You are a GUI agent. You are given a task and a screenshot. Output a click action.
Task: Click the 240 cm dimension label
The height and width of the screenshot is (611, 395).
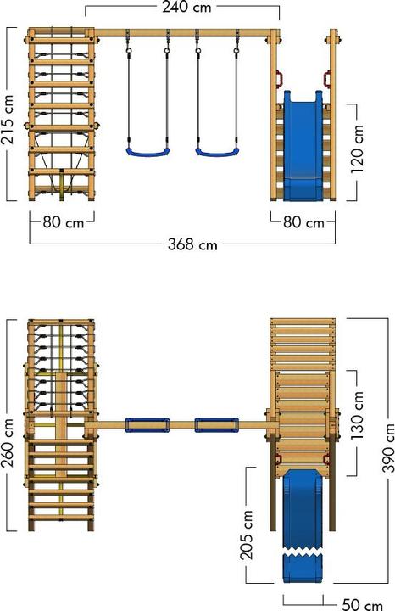[186, 8]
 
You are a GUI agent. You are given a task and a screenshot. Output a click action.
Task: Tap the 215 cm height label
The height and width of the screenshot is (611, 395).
[8, 119]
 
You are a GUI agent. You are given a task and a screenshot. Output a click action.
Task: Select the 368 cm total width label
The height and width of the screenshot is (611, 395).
[192, 244]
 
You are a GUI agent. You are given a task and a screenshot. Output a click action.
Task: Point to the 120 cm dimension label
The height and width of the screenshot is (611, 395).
[357, 149]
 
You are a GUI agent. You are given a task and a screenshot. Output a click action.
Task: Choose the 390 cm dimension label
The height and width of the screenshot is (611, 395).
[388, 448]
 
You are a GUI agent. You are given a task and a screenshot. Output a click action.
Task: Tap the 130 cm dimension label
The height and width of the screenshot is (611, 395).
[357, 416]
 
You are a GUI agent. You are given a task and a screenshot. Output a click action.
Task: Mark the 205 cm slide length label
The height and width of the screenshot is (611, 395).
[247, 535]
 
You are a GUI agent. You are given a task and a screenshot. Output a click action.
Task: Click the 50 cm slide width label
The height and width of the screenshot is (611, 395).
[363, 604]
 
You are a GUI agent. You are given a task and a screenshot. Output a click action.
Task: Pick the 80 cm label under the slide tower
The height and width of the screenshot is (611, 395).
[303, 222]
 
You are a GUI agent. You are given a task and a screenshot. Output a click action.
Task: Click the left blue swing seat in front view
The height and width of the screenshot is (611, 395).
[147, 152]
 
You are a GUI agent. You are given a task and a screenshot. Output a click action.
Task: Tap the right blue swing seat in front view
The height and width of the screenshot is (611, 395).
[217, 152]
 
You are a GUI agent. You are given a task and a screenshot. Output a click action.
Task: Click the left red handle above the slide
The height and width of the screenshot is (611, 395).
[279, 78]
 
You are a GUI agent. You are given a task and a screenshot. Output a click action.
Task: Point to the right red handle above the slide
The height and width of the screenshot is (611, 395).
[327, 78]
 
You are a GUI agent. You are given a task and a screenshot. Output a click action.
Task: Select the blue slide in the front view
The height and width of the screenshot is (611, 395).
[303, 146]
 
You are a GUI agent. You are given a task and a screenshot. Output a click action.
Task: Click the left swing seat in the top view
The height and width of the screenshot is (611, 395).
[147, 425]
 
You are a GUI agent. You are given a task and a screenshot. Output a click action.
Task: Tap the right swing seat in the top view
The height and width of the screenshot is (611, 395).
[217, 425]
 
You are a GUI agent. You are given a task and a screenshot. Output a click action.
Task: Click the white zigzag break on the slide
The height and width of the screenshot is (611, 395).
[303, 552]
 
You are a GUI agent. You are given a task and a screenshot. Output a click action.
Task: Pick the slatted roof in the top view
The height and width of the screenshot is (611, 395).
[303, 344]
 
